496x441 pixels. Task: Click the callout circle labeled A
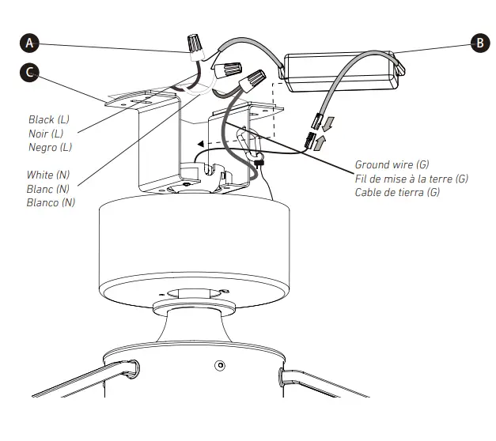pyautogui.click(x=30, y=42)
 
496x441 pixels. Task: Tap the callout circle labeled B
pyautogui.click(x=479, y=43)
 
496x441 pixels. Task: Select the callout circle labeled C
pyautogui.click(x=30, y=73)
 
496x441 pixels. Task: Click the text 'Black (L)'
pyautogui.click(x=49, y=119)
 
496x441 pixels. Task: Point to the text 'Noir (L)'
pyautogui.click(x=47, y=134)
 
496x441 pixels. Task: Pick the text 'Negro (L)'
pyautogui.click(x=50, y=147)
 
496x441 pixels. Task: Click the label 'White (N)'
pyautogui.click(x=51, y=175)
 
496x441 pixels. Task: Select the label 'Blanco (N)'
pyautogui.click(x=51, y=202)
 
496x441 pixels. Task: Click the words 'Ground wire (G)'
pyautogui.click(x=392, y=165)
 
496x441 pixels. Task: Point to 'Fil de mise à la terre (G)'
pyautogui.click(x=411, y=179)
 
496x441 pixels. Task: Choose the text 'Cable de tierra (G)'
pyautogui.click(x=397, y=192)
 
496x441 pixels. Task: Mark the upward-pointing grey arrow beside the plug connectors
pyautogui.click(x=319, y=142)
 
